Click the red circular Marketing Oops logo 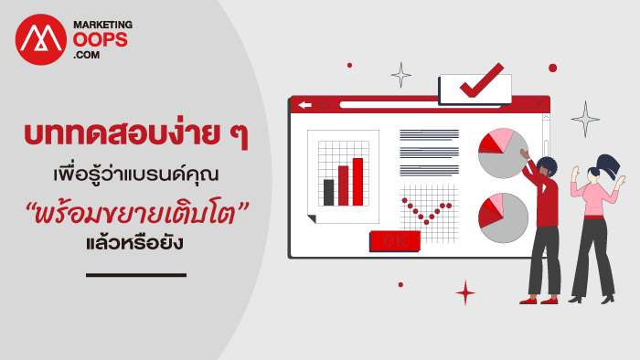(x=41, y=39)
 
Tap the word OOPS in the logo (x=101, y=40)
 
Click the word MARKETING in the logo (x=102, y=25)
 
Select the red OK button (x=395, y=240)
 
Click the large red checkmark (x=482, y=80)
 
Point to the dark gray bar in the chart (x=328, y=193)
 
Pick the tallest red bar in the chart (x=358, y=182)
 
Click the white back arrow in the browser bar (x=304, y=105)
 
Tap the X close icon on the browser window (x=539, y=104)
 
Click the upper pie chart (x=503, y=154)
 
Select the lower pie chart (x=503, y=217)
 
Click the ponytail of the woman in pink (x=610, y=165)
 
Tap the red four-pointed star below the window (x=465, y=292)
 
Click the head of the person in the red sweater (x=547, y=167)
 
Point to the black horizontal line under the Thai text (x=136, y=275)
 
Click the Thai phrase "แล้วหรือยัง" (x=134, y=243)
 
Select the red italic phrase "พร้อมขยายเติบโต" (x=136, y=214)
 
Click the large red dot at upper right (x=552, y=69)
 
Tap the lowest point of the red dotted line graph (x=427, y=222)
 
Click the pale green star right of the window (x=585, y=119)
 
